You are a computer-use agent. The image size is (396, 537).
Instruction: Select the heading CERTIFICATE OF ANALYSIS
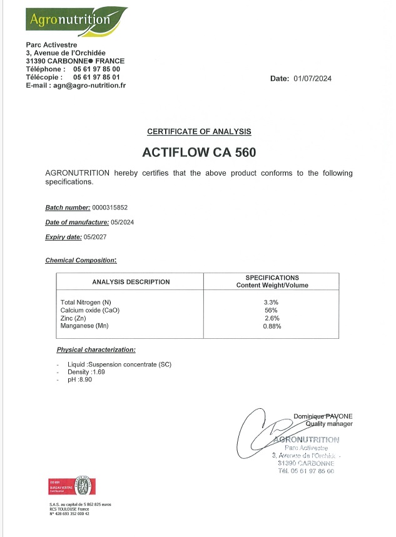(199, 131)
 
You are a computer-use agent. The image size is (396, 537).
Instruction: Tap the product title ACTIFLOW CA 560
(200, 152)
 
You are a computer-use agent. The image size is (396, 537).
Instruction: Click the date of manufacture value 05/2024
(123, 223)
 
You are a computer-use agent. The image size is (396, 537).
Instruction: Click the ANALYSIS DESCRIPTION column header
(131, 282)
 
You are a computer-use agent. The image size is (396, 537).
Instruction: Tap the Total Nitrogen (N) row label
(86, 303)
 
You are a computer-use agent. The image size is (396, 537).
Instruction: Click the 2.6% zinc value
(271, 318)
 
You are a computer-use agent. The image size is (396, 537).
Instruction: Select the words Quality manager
(329, 424)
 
